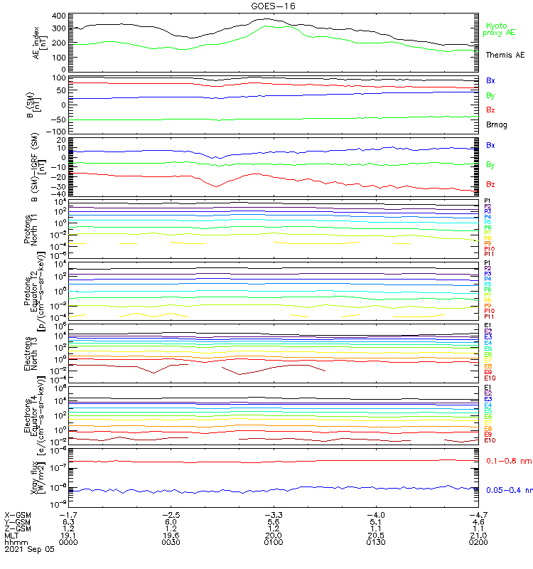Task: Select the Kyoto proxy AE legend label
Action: point(501,29)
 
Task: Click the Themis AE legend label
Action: point(505,55)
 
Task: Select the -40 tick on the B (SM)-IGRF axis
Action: point(60,193)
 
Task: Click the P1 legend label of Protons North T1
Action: point(488,201)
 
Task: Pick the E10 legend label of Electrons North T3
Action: point(490,378)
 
